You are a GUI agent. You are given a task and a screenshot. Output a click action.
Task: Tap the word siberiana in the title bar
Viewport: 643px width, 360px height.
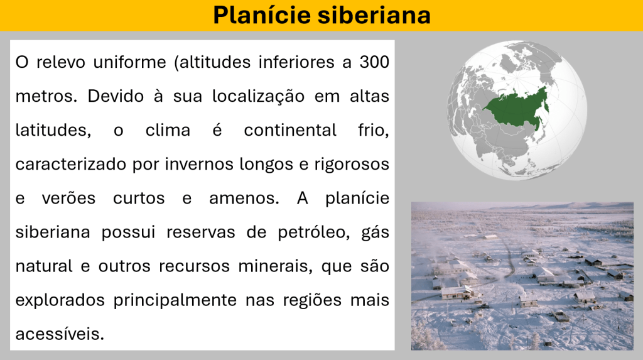pos(374,15)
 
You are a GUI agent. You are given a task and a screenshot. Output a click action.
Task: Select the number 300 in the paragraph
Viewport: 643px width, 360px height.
pos(374,62)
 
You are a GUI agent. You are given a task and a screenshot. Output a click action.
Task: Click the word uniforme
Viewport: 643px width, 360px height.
pos(129,62)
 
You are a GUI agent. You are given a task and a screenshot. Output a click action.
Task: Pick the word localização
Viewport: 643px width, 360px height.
pos(258,97)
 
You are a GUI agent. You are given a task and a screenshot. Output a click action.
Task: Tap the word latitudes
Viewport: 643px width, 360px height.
pos(53,131)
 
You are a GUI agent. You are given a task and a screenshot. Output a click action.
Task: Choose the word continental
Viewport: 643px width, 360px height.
pos(290,131)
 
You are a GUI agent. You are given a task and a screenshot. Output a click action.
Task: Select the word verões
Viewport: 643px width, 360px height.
pos(68,199)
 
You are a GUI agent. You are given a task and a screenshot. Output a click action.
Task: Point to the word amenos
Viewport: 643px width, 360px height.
pos(244,199)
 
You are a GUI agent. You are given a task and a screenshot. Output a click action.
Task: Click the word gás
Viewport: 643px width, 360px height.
pos(376,232)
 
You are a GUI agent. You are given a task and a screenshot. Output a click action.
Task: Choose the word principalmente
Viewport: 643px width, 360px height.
pos(175,300)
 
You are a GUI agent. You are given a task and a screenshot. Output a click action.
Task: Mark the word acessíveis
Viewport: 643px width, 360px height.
pos(60,334)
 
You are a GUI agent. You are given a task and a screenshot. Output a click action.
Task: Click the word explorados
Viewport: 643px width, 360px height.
pos(60,300)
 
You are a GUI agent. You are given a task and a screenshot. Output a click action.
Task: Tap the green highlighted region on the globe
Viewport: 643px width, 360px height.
pos(517,109)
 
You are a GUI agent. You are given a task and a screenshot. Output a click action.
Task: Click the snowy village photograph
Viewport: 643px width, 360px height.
pos(522,276)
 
